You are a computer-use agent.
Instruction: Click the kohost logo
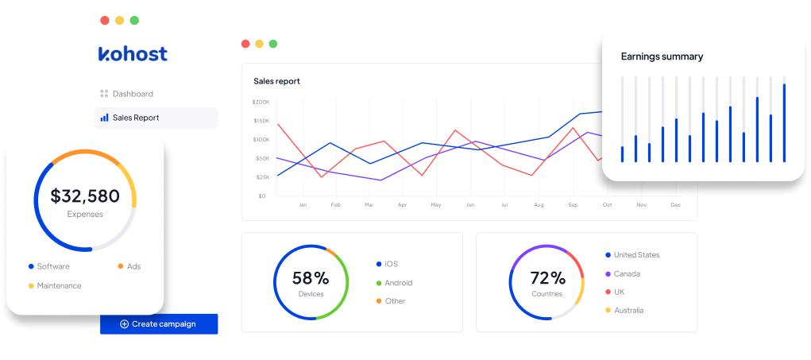(133, 54)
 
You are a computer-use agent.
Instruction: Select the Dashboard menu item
(132, 94)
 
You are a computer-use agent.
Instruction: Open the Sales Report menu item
(135, 118)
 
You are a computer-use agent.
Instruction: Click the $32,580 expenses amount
(85, 195)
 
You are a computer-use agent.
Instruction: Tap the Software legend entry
(52, 266)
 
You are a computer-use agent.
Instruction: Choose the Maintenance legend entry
(58, 285)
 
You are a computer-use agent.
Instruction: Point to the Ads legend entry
(133, 266)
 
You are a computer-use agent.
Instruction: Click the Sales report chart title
(276, 81)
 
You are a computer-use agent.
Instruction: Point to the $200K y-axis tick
(261, 102)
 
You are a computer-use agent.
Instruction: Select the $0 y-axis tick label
(263, 195)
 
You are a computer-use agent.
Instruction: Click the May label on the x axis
(435, 205)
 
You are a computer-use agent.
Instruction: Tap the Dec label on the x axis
(675, 205)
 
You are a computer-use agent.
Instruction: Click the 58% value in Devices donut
(311, 278)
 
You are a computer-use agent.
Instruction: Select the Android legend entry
(398, 283)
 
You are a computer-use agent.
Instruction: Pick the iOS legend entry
(391, 264)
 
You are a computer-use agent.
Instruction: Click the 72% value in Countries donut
(547, 278)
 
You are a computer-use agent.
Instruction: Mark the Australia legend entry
(628, 310)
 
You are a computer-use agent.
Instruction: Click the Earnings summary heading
(662, 56)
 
